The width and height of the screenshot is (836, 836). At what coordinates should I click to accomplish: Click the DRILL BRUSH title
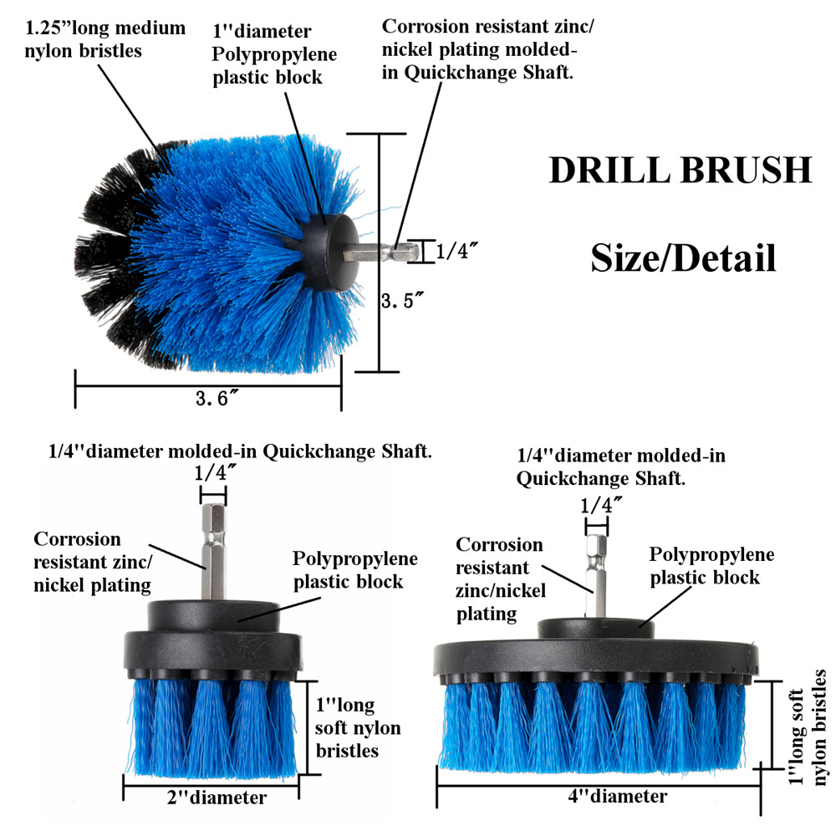pyautogui.click(x=680, y=170)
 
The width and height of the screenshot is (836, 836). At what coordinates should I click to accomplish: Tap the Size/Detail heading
pyautogui.click(x=683, y=257)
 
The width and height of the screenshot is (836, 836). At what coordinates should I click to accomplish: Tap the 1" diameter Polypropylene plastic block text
pyautogui.click(x=273, y=54)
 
